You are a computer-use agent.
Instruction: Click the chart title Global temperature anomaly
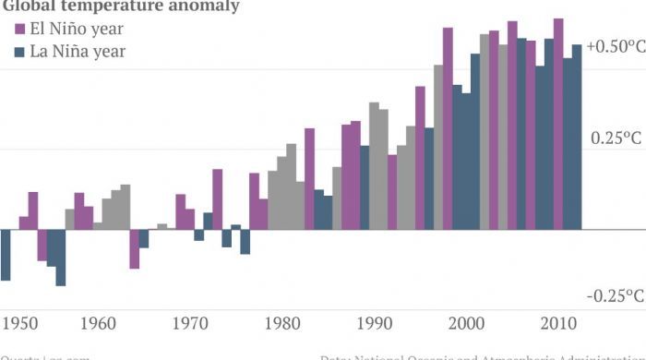click(x=120, y=6)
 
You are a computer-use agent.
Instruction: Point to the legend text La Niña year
click(x=78, y=52)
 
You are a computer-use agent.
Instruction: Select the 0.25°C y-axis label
click(x=616, y=138)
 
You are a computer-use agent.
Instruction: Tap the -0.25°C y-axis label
click(x=616, y=295)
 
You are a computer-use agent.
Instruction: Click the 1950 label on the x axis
click(x=20, y=323)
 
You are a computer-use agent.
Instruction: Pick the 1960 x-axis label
click(x=98, y=323)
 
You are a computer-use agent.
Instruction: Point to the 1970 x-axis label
click(x=189, y=323)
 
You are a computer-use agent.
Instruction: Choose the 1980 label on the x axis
click(x=281, y=323)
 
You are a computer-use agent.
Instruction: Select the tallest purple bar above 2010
click(x=558, y=120)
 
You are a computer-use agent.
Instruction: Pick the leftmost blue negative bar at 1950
click(x=6, y=254)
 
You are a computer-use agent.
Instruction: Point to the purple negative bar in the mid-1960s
click(x=134, y=248)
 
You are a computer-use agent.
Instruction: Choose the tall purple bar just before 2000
click(x=448, y=129)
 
